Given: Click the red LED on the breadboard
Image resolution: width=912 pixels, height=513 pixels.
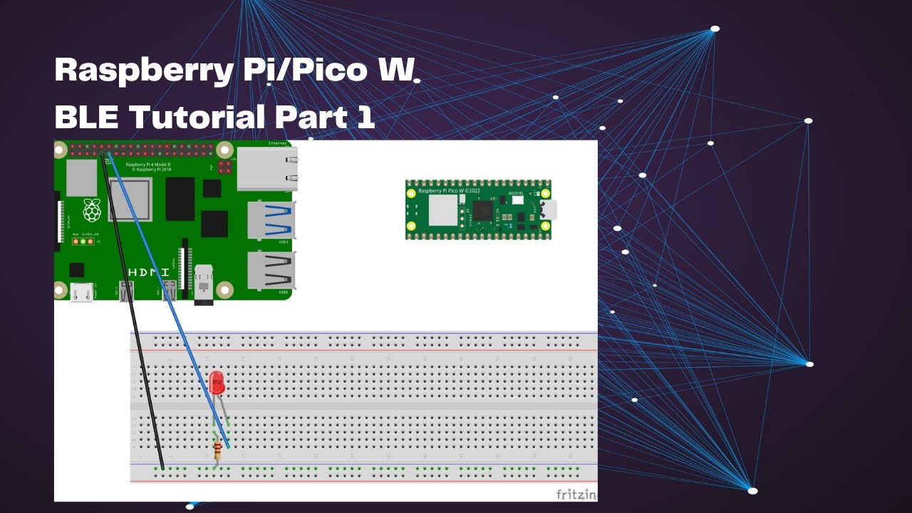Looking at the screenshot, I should coord(217,383).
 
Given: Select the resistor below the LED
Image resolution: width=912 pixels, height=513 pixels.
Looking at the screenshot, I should coord(217,449).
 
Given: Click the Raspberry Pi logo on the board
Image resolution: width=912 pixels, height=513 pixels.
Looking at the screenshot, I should coord(91,210).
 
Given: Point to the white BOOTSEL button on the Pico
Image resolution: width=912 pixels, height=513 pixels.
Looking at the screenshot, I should coord(517,200).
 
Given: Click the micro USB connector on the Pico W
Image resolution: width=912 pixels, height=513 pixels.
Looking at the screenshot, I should coord(551,209).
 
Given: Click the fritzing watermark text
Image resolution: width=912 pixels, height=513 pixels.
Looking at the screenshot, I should coord(576,494).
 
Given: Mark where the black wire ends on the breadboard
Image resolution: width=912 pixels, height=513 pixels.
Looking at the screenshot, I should coord(162,467).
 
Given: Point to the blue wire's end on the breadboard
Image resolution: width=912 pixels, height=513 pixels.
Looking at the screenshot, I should coord(227,446).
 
